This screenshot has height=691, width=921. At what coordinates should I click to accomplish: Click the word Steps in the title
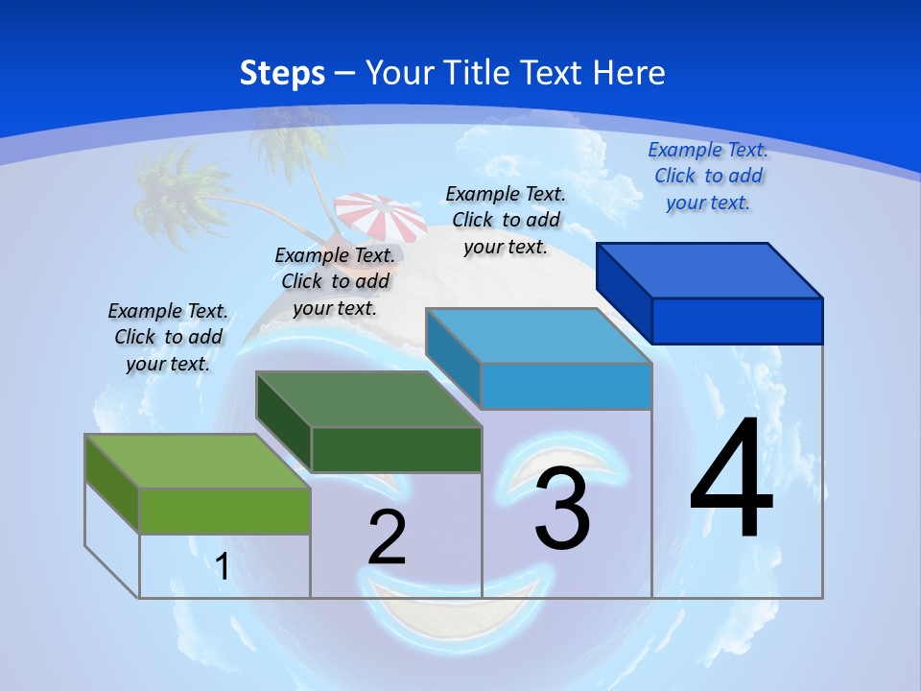click(x=282, y=73)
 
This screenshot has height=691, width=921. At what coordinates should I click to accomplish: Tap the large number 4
click(x=731, y=480)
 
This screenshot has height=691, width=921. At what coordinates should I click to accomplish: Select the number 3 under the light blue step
click(x=562, y=510)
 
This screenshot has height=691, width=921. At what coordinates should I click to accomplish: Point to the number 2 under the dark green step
click(x=388, y=537)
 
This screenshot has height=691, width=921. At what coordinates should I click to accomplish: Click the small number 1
click(x=222, y=566)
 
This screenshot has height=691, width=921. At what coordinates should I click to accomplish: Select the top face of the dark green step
click(x=368, y=398)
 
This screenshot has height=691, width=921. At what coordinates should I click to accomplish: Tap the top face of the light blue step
click(x=539, y=336)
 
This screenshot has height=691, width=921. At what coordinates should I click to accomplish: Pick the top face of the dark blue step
click(x=710, y=270)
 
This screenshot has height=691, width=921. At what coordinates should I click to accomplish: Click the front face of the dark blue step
click(x=737, y=321)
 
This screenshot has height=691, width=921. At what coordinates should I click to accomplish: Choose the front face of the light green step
click(x=224, y=511)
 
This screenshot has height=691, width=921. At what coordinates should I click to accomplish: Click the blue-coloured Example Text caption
click(x=708, y=176)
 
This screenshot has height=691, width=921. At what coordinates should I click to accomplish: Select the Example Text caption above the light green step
click(x=168, y=337)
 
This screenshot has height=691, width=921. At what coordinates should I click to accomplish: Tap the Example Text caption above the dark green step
click(x=335, y=281)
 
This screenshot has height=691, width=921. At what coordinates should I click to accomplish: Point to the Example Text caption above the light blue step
click(x=506, y=220)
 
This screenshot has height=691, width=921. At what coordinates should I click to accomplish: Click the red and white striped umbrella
click(x=381, y=217)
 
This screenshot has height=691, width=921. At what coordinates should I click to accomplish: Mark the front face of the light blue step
click(x=566, y=386)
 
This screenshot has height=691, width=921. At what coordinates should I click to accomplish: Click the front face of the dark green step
click(x=396, y=449)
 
